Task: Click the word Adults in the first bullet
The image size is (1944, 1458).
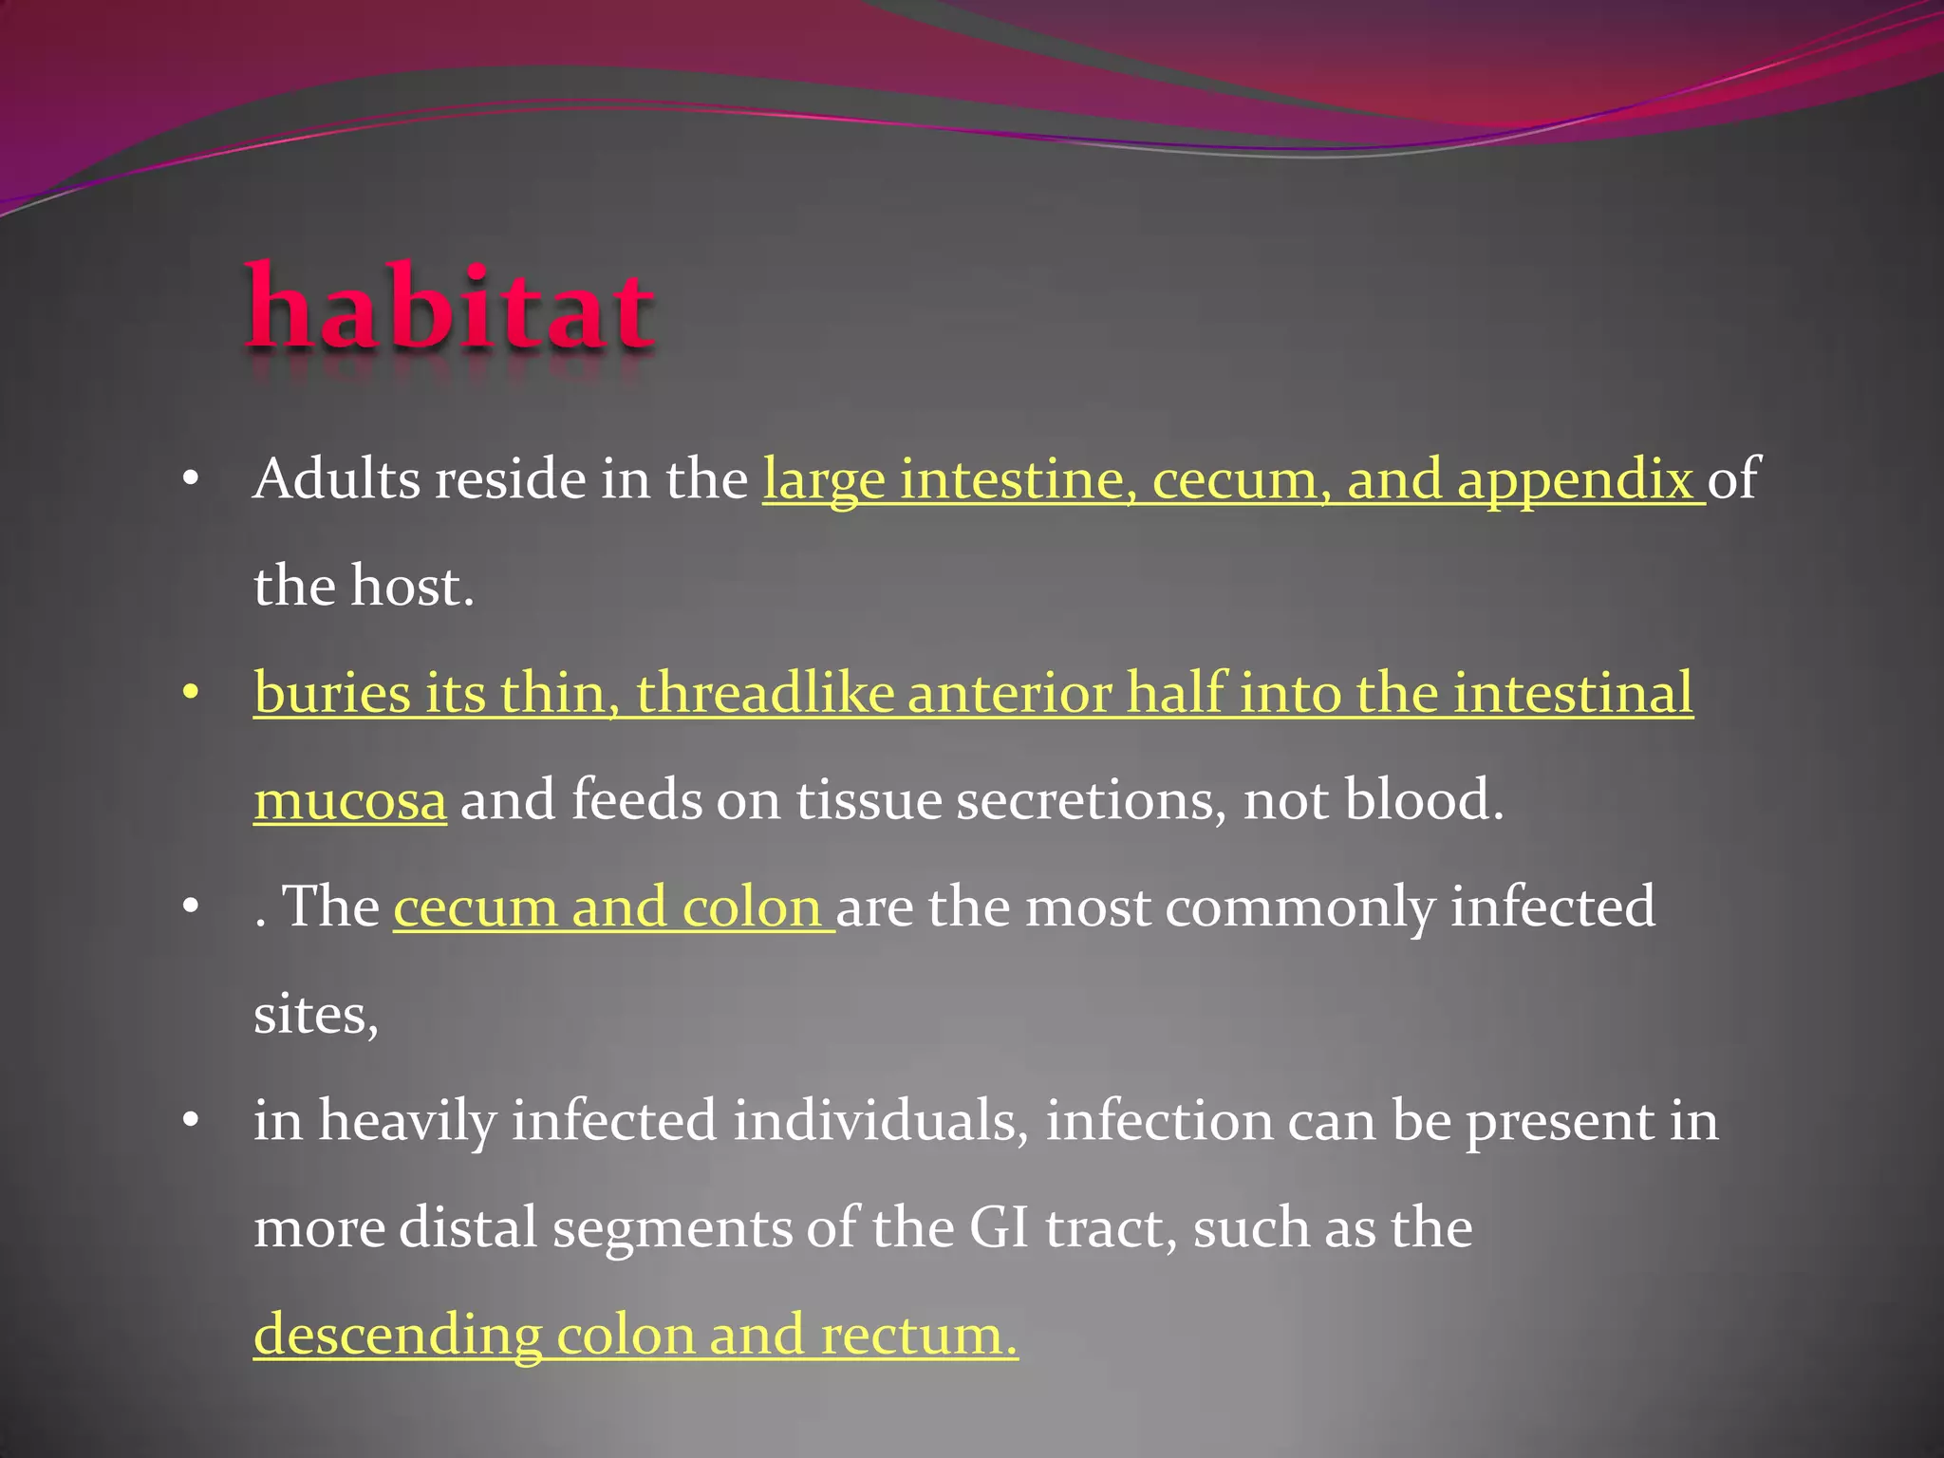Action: coord(337,478)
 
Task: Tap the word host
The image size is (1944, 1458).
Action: coord(411,586)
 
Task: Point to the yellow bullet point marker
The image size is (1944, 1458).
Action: coord(191,694)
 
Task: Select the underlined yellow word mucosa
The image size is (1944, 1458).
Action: coord(349,800)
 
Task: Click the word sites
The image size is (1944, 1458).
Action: coord(315,1015)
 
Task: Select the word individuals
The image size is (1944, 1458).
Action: coord(880,1121)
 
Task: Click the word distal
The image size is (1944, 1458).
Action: coord(468,1227)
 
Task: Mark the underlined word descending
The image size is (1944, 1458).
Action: coord(397,1336)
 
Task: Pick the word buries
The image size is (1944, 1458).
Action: coord(332,692)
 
